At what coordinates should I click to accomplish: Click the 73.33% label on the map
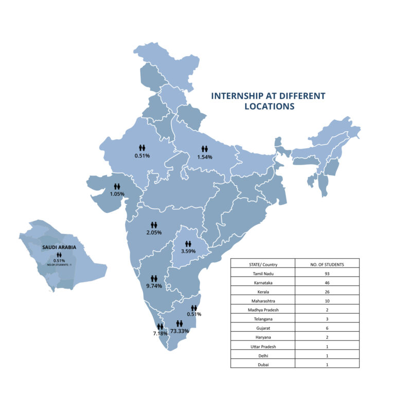(179, 331)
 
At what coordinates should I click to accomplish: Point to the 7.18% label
(160, 334)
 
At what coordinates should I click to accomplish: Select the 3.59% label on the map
(188, 251)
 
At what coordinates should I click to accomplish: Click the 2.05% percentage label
(153, 232)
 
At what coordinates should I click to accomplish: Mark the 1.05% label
(117, 194)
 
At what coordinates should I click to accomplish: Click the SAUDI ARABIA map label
(59, 247)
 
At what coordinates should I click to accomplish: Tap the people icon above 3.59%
(188, 243)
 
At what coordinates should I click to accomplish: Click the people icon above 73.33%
(179, 323)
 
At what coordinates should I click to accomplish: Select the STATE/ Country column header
(262, 264)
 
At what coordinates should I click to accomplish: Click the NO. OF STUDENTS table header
(327, 264)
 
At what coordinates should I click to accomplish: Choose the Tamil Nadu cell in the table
(262, 274)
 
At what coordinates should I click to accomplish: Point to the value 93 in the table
(327, 274)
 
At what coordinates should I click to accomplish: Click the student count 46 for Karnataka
(327, 283)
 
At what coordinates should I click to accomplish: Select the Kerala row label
(262, 292)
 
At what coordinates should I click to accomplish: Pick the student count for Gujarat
(327, 328)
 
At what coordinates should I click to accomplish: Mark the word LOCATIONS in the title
(269, 106)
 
